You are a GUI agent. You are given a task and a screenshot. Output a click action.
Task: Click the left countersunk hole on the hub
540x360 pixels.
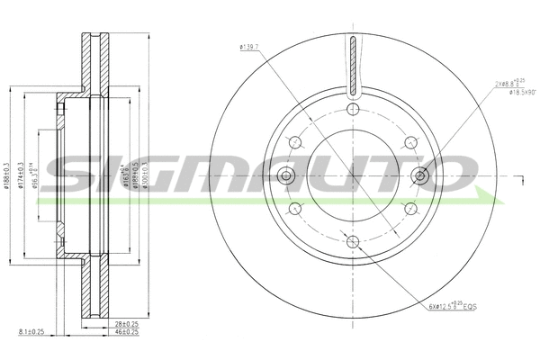pos(286,175)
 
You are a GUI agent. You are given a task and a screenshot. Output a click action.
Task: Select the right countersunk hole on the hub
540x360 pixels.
pos(419,175)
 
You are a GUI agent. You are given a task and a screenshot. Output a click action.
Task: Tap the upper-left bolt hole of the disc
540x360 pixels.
pos(294,141)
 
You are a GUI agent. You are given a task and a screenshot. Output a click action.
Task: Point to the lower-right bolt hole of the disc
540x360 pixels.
pos(410,208)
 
